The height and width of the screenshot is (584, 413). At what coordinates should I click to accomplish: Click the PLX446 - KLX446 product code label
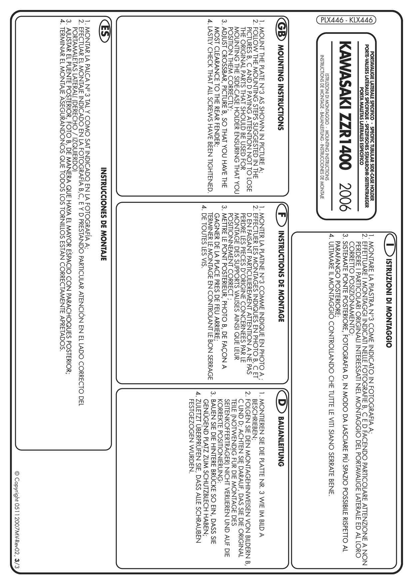(346, 20)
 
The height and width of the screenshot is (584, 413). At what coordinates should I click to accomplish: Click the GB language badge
(281, 26)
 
